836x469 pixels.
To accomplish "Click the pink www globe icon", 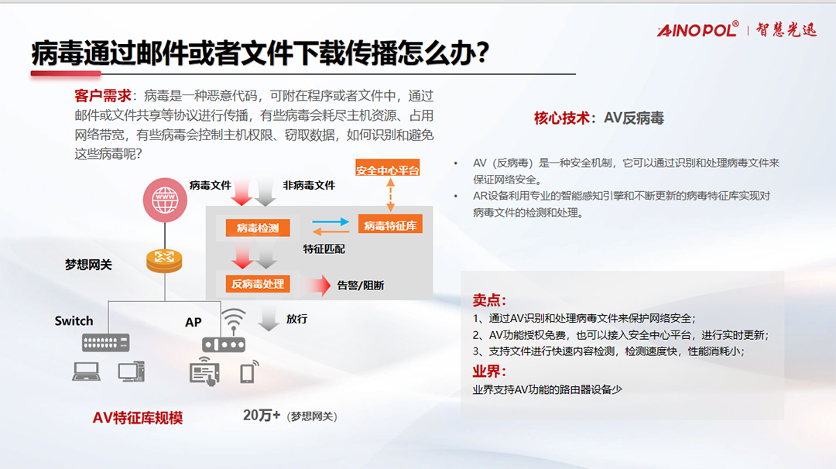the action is click(165, 200).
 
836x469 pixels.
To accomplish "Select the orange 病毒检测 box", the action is click(258, 228).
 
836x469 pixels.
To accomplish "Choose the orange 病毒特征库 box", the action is click(390, 225).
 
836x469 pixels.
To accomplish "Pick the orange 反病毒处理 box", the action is click(258, 284).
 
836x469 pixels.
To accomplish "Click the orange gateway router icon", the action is click(164, 261).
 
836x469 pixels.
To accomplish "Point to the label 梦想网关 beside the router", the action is click(88, 265).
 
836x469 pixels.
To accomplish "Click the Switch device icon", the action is click(105, 343).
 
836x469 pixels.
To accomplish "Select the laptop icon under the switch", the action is click(86, 371).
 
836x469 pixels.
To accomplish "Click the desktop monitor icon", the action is click(131, 371).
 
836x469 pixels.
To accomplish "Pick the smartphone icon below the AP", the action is click(248, 372).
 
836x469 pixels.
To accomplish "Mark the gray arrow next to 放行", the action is click(269, 319).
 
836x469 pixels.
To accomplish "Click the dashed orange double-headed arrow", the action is click(391, 195).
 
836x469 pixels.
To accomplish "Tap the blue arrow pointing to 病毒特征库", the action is click(331, 221).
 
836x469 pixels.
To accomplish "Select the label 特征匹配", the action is click(324, 249).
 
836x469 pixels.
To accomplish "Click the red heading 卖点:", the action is click(489, 300).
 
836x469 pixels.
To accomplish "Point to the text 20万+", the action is click(262, 415).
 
